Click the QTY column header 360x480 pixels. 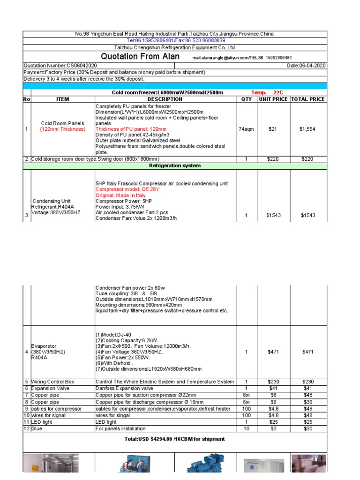(246, 99)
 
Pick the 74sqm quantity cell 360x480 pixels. (246, 129)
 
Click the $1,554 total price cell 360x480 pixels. (308, 129)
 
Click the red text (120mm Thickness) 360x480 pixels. (62, 129)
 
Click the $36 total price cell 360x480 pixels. (308, 402)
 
